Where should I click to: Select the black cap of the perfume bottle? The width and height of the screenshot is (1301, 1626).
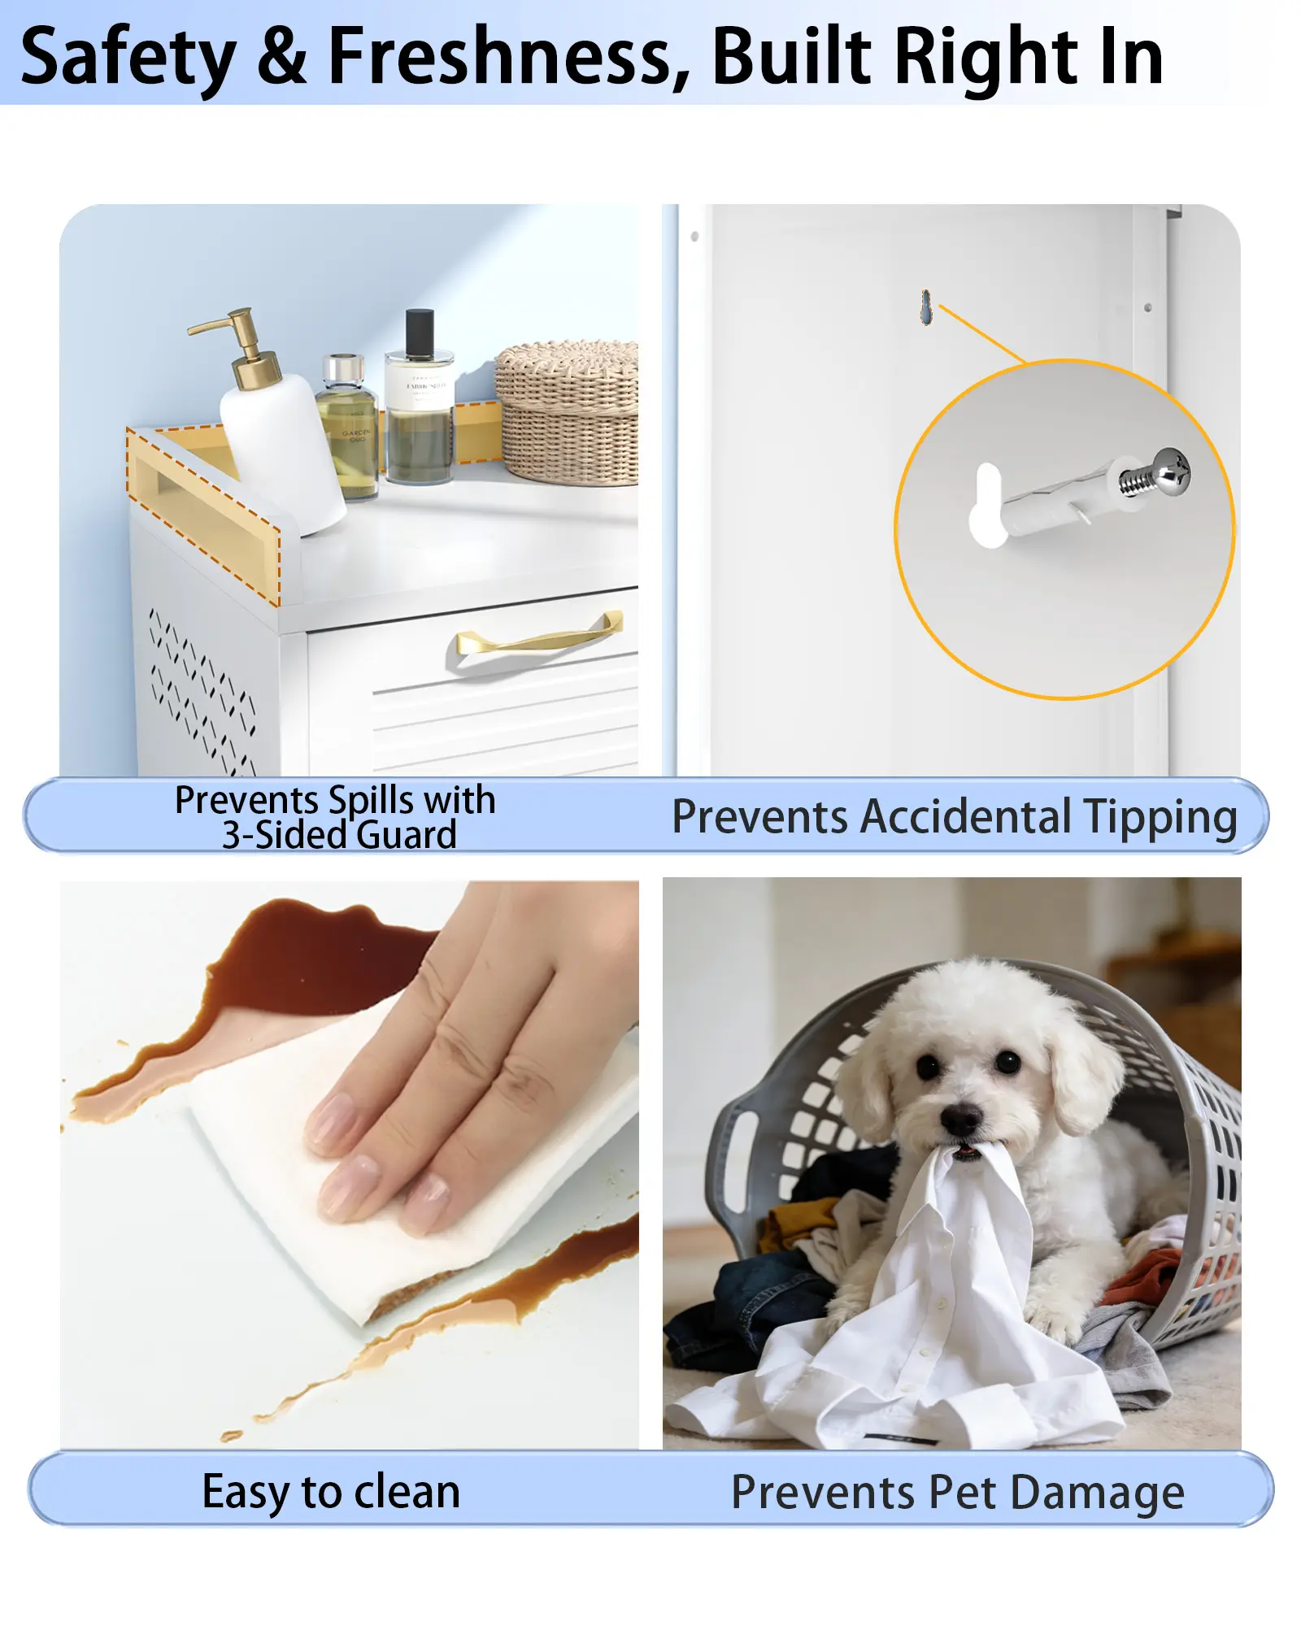pyautogui.click(x=420, y=333)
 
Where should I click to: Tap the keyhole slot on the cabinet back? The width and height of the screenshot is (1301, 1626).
pyautogui.click(x=925, y=307)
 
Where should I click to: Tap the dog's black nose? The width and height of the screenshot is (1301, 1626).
pyautogui.click(x=961, y=1120)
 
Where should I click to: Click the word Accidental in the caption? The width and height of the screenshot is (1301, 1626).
pyautogui.click(x=966, y=816)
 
